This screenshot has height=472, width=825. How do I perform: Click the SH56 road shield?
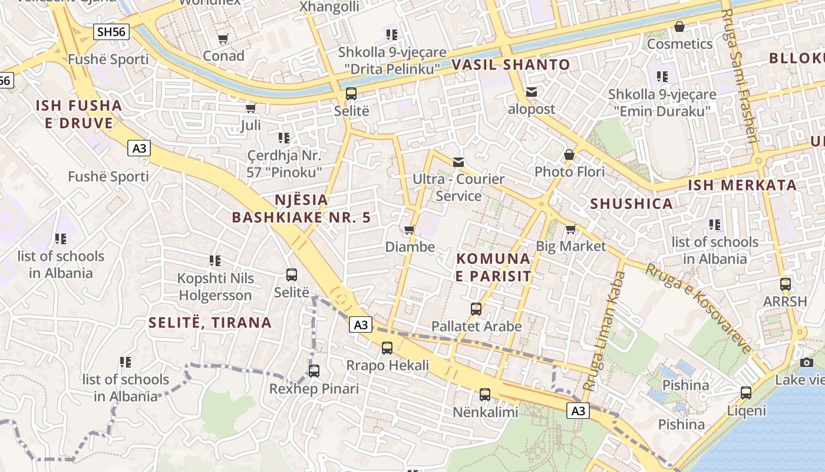coord(111,32)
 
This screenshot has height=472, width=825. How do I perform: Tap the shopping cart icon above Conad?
coord(223,39)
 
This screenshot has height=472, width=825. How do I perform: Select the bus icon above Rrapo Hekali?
coord(387,348)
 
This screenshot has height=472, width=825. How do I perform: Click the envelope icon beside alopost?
coord(532,92)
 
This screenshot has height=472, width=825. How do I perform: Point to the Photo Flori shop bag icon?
coord(569,155)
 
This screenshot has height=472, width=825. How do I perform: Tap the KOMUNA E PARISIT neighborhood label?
coord(494,267)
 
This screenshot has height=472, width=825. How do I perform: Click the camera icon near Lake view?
coord(807,362)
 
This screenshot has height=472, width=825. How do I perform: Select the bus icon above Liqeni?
coord(746,393)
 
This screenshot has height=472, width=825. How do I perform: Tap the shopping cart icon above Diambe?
coord(410,230)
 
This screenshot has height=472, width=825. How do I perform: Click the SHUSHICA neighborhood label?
coord(631,204)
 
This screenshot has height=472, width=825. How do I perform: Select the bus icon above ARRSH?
coord(785,284)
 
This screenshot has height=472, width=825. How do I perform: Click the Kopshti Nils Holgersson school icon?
coord(215,260)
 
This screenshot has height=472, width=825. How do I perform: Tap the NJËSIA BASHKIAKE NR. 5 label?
coord(301,208)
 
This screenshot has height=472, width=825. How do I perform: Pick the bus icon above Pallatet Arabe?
coord(476,309)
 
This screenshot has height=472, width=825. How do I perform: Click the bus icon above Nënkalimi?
coord(485,395)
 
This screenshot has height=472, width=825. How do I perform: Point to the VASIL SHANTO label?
coord(511,65)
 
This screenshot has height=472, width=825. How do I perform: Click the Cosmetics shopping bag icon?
coord(679,27)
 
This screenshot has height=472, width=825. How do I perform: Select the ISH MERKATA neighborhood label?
coord(742,185)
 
